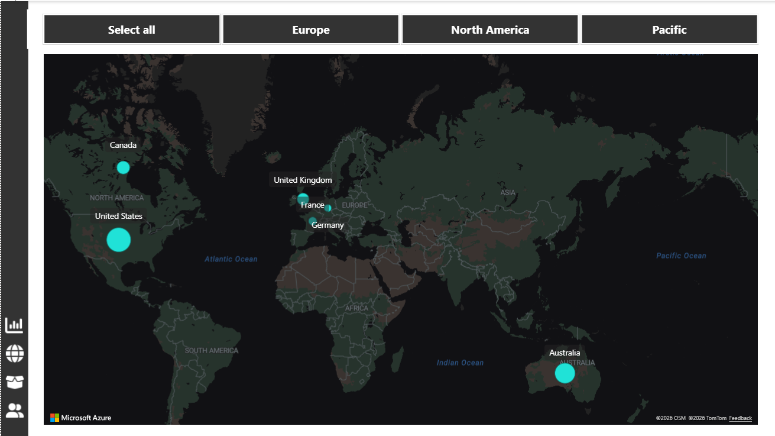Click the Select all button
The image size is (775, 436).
pyautogui.click(x=131, y=30)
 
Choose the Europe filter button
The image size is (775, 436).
pyautogui.click(x=311, y=30)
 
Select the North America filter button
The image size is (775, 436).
pyautogui.click(x=490, y=30)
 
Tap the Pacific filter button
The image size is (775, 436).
pyautogui.click(x=669, y=30)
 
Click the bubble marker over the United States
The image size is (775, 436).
pyautogui.click(x=118, y=240)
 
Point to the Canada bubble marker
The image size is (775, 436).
pyautogui.click(x=123, y=167)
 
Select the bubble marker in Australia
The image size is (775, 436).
pyautogui.click(x=565, y=373)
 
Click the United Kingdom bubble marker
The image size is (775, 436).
pyautogui.click(x=303, y=198)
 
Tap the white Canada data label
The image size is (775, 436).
pyautogui.click(x=123, y=145)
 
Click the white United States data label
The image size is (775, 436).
pyautogui.click(x=119, y=216)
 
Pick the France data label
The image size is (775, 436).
pyautogui.click(x=312, y=205)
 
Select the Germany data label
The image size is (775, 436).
pyautogui.click(x=327, y=225)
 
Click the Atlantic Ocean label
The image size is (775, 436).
pyautogui.click(x=231, y=259)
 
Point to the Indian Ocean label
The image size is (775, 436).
pyautogui.click(x=460, y=363)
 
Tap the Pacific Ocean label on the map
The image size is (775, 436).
pyautogui.click(x=681, y=256)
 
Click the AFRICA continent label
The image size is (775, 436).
pyautogui.click(x=356, y=308)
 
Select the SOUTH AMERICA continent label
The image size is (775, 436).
pyautogui.click(x=212, y=350)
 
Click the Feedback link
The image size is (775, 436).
pyautogui.click(x=740, y=418)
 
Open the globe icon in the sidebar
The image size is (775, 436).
pyautogui.click(x=14, y=354)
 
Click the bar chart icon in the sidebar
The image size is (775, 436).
pyautogui.click(x=14, y=325)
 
